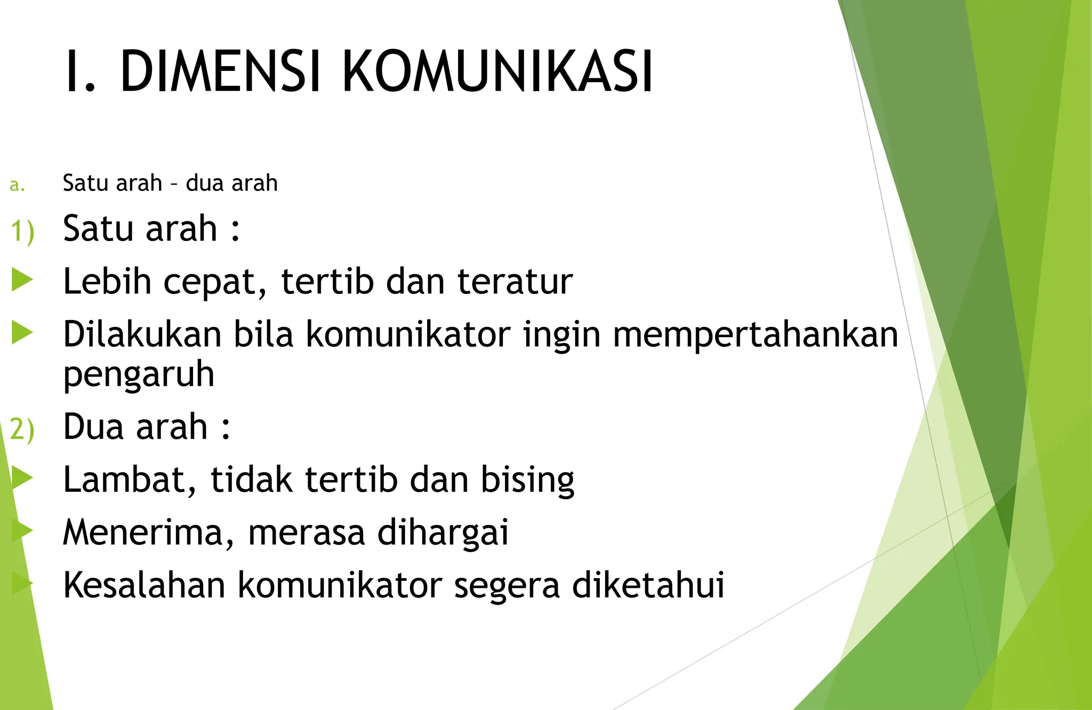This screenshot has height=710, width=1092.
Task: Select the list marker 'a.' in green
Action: pyautogui.click(x=17, y=185)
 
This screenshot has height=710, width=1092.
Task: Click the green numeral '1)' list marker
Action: pyautogui.click(x=22, y=231)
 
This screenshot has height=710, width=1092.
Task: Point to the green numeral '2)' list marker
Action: pyautogui.click(x=22, y=429)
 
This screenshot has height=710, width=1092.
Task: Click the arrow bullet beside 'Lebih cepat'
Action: pyautogui.click(x=22, y=280)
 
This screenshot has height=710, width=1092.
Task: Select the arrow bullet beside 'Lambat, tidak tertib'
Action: pyautogui.click(x=22, y=477)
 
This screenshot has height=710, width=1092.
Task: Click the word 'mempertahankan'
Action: pyautogui.click(x=756, y=335)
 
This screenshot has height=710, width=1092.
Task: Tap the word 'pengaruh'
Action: pyautogui.click(x=139, y=375)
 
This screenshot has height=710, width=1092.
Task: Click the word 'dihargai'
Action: pyautogui.click(x=443, y=532)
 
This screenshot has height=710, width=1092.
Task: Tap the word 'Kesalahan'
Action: pyautogui.click(x=144, y=585)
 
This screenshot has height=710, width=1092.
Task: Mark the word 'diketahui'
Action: pyautogui.click(x=648, y=585)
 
